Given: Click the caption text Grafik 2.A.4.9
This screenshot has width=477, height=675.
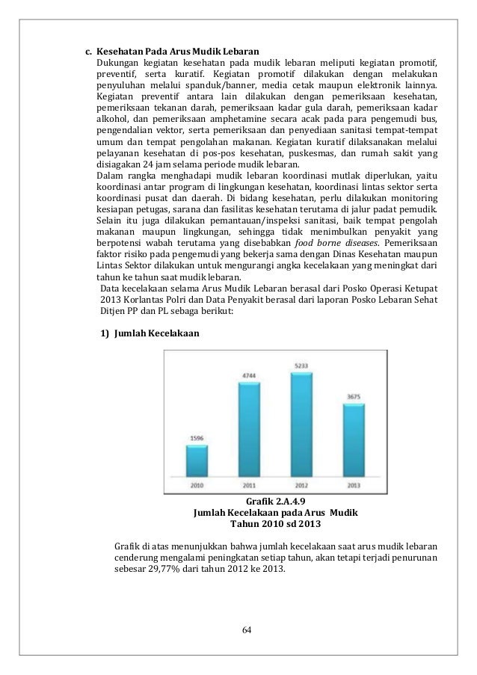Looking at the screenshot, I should coord(276,502).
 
